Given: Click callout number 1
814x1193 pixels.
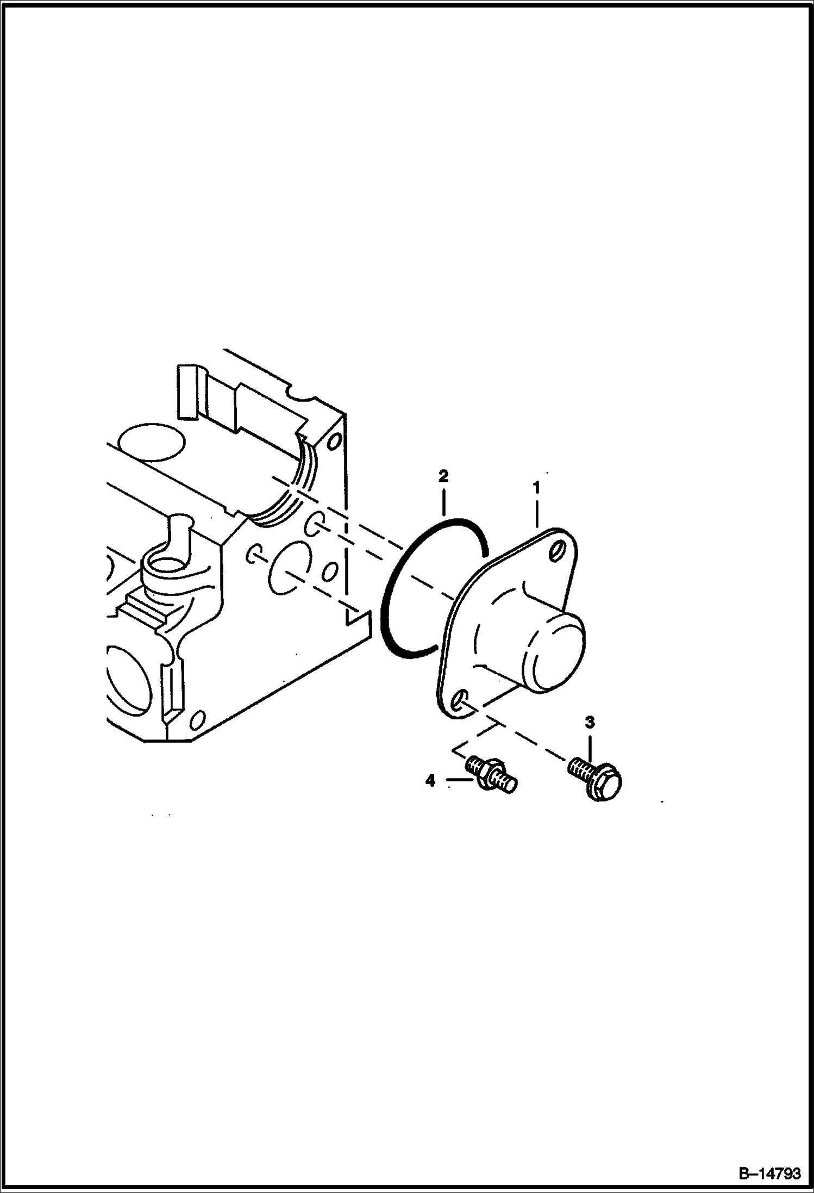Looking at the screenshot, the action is click(536, 488).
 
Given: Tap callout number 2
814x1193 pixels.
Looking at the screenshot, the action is click(443, 477).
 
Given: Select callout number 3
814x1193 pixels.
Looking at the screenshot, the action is click(590, 723).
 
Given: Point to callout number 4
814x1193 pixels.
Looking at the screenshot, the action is click(430, 781).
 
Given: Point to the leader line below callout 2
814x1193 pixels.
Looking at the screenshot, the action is click(444, 501).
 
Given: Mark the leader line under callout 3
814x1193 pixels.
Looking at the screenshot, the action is click(590, 747).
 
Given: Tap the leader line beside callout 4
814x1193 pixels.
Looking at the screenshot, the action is click(459, 781).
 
